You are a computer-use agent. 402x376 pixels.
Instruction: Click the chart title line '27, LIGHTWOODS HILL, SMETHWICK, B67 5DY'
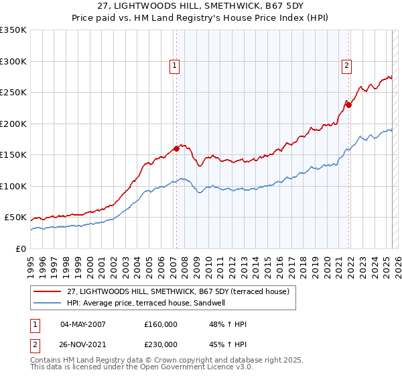[x=201, y=6]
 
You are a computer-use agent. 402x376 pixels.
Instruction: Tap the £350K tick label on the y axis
[x=13, y=30]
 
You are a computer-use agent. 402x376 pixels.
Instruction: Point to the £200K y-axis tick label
[x=13, y=124]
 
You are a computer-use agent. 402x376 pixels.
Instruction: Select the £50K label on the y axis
[x=15, y=218]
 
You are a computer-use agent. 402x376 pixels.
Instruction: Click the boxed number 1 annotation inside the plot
[x=174, y=66]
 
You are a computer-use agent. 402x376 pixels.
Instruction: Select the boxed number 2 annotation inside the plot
[x=346, y=66]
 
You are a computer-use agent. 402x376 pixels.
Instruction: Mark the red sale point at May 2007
[x=176, y=149]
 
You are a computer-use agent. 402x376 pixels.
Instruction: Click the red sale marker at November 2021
[x=348, y=105]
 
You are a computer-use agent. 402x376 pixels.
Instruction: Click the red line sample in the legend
[x=48, y=291]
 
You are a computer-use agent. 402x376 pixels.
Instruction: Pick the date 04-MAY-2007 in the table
[x=83, y=324]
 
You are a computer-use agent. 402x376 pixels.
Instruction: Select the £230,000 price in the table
[x=161, y=344]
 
